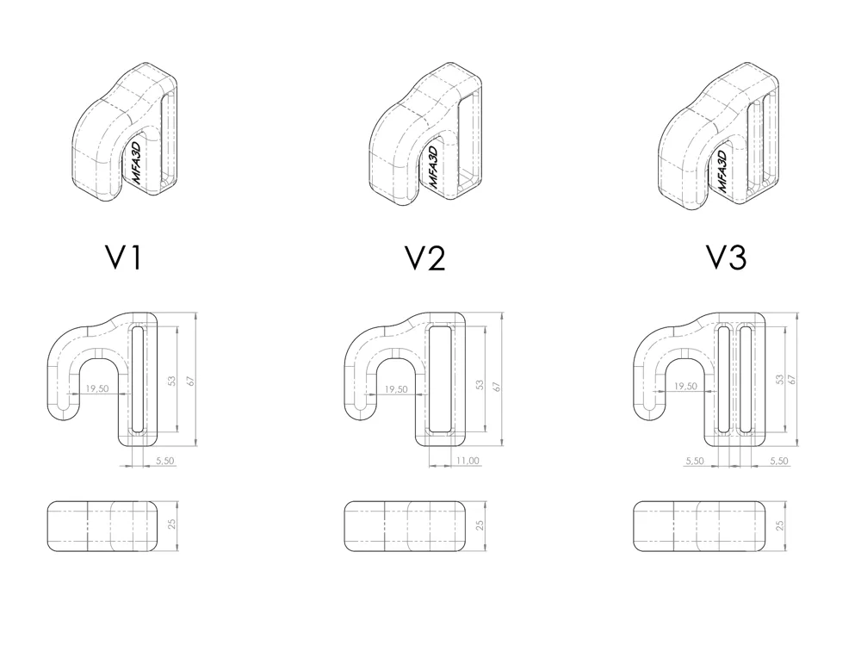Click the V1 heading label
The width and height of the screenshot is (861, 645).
click(x=123, y=257)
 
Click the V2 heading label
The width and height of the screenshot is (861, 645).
click(x=425, y=257)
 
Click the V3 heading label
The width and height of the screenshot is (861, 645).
click(x=726, y=257)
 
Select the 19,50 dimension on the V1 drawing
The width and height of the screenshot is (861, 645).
click(x=97, y=388)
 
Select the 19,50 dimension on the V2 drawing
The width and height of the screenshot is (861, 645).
click(x=396, y=389)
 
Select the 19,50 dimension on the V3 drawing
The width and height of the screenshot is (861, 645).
click(x=685, y=387)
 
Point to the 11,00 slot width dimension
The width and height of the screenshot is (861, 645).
click(x=468, y=461)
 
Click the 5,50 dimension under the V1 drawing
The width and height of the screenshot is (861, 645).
click(x=164, y=461)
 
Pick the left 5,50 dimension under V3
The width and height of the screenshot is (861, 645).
click(x=694, y=461)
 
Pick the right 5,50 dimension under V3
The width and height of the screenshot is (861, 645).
click(x=778, y=461)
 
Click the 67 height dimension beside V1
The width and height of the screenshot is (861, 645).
click(x=190, y=380)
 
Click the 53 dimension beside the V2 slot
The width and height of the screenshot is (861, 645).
click(x=480, y=385)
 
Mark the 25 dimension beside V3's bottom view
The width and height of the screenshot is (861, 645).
click(x=779, y=526)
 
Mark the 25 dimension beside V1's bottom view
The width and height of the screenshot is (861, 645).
click(x=172, y=524)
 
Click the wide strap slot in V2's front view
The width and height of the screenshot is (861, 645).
click(x=440, y=379)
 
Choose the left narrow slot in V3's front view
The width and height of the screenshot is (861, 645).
click(x=724, y=379)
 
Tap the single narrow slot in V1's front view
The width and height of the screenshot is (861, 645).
click(x=137, y=379)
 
